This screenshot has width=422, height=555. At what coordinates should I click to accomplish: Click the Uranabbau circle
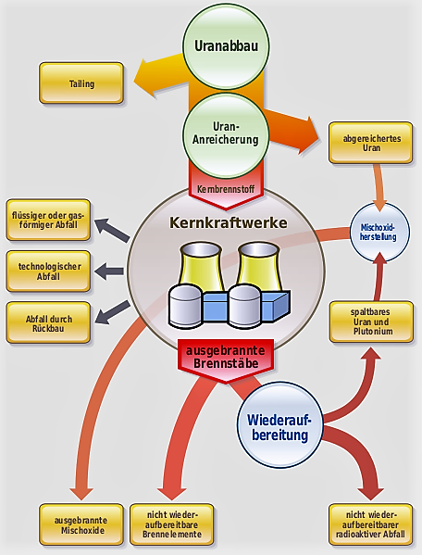pos(226,46)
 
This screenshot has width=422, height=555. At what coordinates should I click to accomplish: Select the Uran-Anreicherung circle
pos(226,135)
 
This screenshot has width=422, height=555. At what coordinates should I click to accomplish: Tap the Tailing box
pos(81,83)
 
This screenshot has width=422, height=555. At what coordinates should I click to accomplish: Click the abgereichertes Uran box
pos(371,143)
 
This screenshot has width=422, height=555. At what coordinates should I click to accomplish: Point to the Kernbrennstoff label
pos(226,189)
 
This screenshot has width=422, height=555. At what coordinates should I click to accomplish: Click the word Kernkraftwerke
pos(229,222)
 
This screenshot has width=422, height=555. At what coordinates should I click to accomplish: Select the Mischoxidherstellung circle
pos(379,233)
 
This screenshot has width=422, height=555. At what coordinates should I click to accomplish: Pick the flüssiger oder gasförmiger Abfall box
pos(48,221)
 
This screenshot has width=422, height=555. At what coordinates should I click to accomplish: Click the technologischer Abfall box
pos(48,271)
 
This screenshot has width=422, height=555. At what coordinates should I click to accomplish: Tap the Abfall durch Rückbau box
pos(48,322)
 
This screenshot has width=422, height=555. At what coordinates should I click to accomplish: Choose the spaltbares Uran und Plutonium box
pos(371,322)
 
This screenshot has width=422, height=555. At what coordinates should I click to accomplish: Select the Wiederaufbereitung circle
pos(279,425)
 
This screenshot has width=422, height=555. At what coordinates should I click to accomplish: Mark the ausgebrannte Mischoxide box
pos(81,525)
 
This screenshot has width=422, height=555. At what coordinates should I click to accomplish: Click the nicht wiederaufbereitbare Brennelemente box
pos(172,525)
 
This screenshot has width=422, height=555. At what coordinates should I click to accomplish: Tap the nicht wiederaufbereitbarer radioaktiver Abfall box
pos(371,525)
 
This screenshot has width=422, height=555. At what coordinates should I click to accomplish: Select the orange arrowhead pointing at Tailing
pos(145,79)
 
